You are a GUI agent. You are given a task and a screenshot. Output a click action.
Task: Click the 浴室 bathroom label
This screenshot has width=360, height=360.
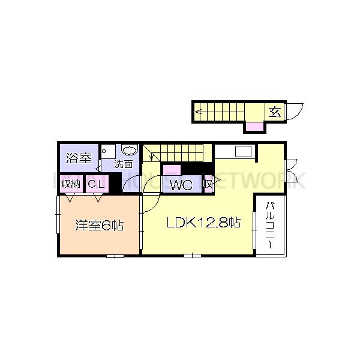click(x=79, y=158)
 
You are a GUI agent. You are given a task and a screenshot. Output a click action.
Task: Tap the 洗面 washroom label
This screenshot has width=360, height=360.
click(x=124, y=164)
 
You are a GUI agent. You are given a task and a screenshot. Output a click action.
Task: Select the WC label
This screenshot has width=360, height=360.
click(x=180, y=185)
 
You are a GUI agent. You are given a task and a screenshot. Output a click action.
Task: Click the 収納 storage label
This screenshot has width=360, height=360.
click(x=71, y=184)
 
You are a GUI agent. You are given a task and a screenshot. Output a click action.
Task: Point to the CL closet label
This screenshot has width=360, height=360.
click(x=97, y=184)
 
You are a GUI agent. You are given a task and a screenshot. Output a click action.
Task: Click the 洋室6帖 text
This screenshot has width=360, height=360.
click(x=99, y=226)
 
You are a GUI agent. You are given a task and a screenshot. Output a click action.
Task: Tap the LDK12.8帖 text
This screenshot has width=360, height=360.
click(x=203, y=223)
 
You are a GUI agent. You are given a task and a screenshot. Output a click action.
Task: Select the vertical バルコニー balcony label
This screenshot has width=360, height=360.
click(x=270, y=227)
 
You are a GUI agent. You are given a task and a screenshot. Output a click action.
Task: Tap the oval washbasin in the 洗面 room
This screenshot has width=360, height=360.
click(x=128, y=151)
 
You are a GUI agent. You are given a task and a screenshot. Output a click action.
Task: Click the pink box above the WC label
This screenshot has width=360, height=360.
click(x=172, y=170)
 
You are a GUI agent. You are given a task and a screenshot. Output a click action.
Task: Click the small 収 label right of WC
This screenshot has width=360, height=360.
click(x=208, y=184)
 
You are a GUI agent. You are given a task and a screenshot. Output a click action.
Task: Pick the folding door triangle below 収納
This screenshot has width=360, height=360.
click(x=70, y=197)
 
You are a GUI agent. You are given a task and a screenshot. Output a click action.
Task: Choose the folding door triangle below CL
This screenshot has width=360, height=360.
click(x=96, y=197)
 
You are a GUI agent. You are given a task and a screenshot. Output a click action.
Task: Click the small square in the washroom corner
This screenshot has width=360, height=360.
click(x=104, y=151)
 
